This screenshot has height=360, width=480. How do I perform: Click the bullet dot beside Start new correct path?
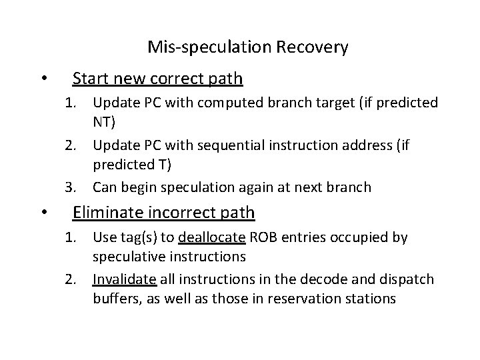[43, 80]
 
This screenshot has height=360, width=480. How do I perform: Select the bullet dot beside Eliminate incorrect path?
[43, 213]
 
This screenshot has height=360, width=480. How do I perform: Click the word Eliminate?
[107, 213]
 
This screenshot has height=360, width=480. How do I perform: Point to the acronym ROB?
[266, 237]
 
